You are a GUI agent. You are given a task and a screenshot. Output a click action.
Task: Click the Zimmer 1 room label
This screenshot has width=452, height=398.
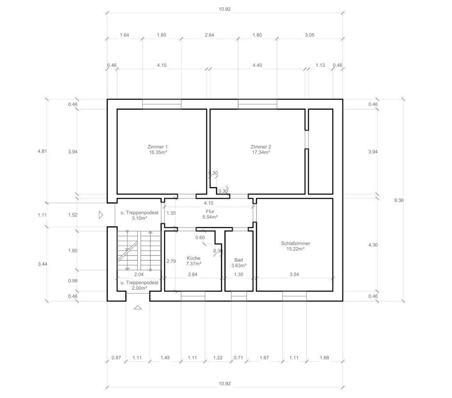tap(158, 147)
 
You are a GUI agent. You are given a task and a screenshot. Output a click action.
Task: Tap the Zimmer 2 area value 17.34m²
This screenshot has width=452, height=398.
tap(261, 153)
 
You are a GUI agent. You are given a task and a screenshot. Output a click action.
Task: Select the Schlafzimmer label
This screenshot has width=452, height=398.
tap(295, 244)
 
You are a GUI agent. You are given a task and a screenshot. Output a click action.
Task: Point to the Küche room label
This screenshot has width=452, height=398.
tap(193, 258)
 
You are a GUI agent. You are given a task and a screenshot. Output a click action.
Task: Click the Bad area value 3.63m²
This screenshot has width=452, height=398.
tap(239, 266)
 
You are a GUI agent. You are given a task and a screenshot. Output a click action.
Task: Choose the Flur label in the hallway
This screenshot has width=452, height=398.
tap(210, 211)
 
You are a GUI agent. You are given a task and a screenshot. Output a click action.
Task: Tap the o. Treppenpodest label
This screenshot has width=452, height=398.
tap(139, 213)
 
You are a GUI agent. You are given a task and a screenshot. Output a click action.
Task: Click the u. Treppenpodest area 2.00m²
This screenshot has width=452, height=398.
tap(139, 288)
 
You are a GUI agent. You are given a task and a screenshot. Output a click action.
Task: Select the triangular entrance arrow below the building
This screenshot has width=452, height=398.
tap(138, 308)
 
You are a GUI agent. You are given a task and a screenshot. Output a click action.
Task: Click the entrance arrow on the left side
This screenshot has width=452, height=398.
tap(101, 215)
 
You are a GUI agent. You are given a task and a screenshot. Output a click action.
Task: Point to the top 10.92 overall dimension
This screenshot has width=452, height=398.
tap(225, 9)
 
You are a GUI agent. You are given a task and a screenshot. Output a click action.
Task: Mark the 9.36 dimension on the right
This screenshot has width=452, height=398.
tap(399, 200)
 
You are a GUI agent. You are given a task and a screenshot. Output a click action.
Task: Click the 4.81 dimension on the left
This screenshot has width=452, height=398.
tap(42, 151)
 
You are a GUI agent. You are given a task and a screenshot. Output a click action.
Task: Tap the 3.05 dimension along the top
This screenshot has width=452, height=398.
tap(309, 35)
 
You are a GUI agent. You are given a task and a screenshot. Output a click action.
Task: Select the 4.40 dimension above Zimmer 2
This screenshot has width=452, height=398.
tap(257, 65)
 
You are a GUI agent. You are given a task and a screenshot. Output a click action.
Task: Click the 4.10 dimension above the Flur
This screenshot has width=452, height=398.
tap(208, 203)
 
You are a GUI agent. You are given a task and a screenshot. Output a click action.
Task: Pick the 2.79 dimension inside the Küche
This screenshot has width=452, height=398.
tap(171, 261)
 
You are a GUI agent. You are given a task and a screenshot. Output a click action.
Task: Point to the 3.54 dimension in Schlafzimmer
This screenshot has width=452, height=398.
tap(294, 274)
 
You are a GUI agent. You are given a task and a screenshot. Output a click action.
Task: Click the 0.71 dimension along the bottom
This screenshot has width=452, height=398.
tap(238, 358)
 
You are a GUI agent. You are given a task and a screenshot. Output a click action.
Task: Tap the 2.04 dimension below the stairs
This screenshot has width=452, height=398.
tap(139, 274)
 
